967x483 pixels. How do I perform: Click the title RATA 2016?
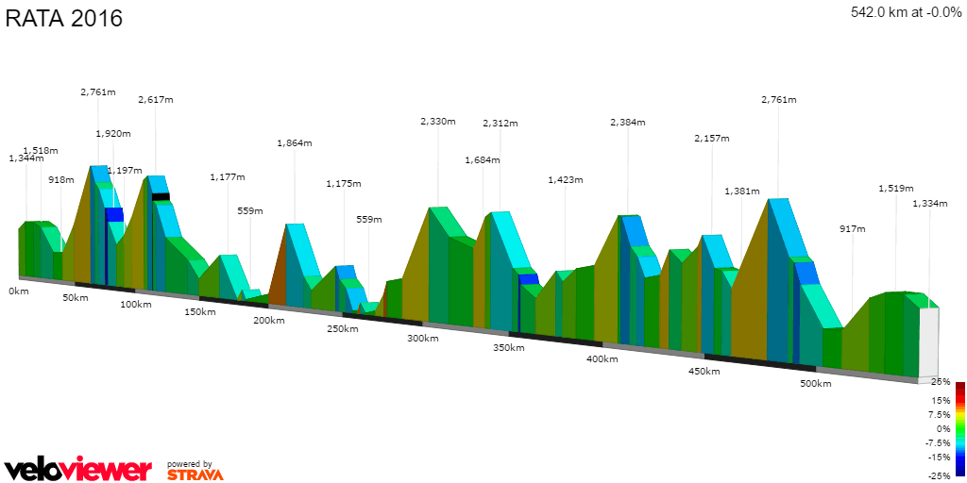coord(64,19)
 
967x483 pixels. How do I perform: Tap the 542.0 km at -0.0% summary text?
coord(907,12)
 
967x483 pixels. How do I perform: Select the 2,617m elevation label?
coord(156,100)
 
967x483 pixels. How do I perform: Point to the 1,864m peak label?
coord(295,143)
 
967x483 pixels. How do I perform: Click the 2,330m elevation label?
coord(438,122)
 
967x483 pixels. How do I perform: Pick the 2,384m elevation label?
coord(628,123)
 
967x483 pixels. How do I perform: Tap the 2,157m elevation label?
coord(711,139)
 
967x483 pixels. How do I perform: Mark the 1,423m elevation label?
coord(566,180)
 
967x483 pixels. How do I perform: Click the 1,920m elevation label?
coord(113,134)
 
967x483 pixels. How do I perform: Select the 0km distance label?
coord(19,291)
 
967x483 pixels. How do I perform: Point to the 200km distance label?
coord(269,321)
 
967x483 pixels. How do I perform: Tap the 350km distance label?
coord(509,348)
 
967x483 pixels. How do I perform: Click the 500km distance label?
coord(816,384)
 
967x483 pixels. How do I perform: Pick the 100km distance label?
coord(136,305)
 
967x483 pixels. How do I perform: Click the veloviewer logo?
coord(78,469)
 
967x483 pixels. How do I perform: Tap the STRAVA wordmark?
coord(195,475)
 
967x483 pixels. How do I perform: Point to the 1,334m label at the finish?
coord(930,204)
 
